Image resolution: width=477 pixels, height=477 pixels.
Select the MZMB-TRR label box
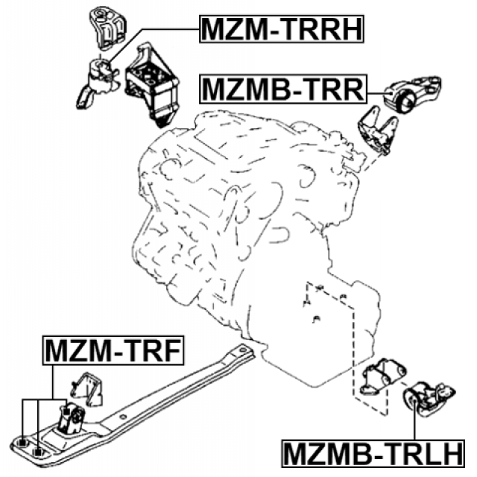pyautogui.click(x=282, y=90)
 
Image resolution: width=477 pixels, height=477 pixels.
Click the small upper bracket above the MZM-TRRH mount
pyautogui.click(x=104, y=29)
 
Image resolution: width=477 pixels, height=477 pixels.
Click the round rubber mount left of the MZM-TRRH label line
pyautogui.click(x=98, y=77)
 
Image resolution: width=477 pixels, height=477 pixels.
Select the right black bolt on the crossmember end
pyautogui.click(x=40, y=449)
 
